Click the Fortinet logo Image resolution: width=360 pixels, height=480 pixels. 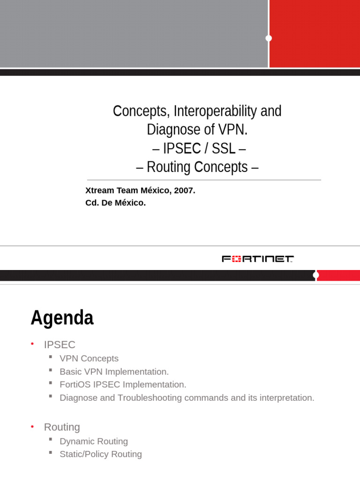click(x=257, y=259)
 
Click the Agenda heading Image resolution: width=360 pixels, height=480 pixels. click(x=62, y=318)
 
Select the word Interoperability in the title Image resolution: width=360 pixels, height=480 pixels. click(x=215, y=111)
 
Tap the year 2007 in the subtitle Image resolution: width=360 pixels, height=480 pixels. click(x=184, y=190)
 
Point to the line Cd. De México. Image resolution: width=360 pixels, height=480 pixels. click(x=115, y=203)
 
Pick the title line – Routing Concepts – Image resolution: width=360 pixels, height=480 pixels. click(x=197, y=167)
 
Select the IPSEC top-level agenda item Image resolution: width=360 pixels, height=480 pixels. click(x=60, y=345)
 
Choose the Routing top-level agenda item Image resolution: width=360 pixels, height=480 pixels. click(x=62, y=427)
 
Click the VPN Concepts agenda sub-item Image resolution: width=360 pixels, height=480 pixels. click(x=89, y=359)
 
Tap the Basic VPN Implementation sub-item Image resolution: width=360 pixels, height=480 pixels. click(x=114, y=372)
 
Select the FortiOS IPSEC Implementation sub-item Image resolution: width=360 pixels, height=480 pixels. click(x=123, y=384)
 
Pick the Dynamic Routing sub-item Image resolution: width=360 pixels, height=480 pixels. click(x=94, y=441)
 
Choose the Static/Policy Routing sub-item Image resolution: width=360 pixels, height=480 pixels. click(x=101, y=454)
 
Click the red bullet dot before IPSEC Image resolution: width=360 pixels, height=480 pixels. click(x=32, y=344)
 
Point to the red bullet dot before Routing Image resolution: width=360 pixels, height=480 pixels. click(x=32, y=427)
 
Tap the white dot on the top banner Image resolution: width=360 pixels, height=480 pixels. click(x=269, y=38)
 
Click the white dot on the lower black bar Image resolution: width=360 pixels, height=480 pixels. click(x=316, y=275)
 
